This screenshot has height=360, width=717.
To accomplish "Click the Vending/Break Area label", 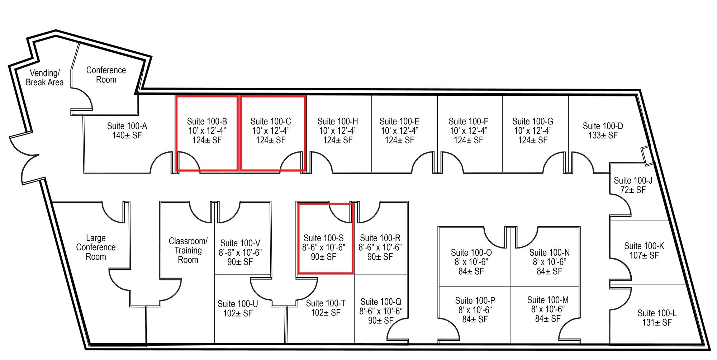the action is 44,77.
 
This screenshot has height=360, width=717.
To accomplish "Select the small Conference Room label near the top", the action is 106,75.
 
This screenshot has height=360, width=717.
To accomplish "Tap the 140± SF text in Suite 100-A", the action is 127,136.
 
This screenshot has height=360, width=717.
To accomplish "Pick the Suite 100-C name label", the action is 271,122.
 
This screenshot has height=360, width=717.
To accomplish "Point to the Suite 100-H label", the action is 338,122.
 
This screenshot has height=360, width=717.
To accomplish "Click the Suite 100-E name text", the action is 399,122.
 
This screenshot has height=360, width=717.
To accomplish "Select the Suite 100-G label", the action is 533,122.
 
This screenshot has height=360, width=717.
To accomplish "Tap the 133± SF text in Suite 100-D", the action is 603,136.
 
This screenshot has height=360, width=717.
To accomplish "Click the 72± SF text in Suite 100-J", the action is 633,190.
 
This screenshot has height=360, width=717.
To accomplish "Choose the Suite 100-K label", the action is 644,246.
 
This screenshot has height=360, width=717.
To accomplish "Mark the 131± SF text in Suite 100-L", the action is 657,323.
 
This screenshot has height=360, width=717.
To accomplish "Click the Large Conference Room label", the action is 96,247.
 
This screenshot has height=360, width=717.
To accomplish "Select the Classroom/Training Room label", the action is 188,250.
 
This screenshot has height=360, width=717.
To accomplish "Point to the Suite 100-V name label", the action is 240,243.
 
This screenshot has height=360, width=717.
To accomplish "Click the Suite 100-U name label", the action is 238,304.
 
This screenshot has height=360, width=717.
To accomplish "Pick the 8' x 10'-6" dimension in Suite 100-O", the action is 471,262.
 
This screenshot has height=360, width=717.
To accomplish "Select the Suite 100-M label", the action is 548,300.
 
